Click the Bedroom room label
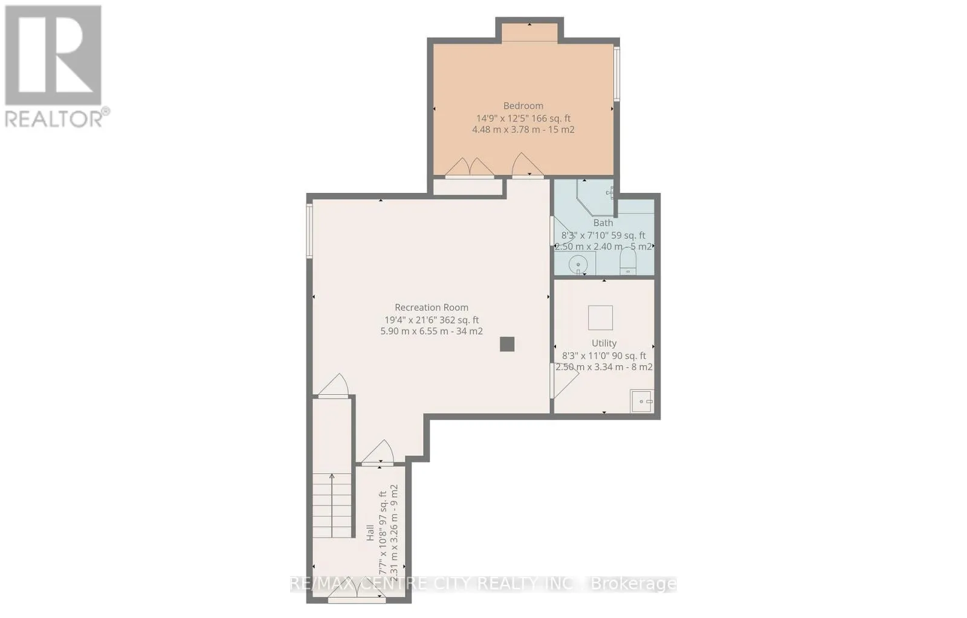pos(523,106)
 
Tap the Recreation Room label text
pos(432,308)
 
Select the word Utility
pos(604,343)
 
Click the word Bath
pos(603,223)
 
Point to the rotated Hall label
pos(370,533)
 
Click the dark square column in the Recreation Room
pos(507,344)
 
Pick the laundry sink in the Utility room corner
pos(642,401)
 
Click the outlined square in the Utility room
pos(601,318)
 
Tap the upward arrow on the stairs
pos(332,506)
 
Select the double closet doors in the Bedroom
pos(470,168)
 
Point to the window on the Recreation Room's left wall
pos(309,231)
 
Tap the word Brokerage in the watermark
pos(633,584)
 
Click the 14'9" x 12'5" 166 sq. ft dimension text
pos(523,119)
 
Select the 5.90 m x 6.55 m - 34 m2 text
pos(432,331)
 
